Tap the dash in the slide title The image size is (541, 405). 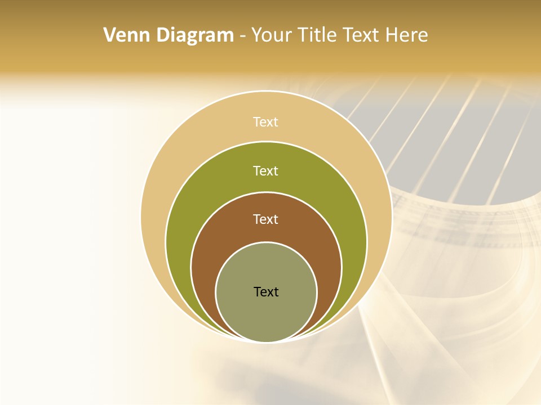(242, 36)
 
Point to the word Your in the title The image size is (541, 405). (269, 35)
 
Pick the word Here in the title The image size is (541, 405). (407, 35)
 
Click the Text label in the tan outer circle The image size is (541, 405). (266, 122)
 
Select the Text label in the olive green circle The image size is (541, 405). (266, 170)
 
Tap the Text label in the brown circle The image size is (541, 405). (266, 219)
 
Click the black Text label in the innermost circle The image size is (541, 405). (266, 292)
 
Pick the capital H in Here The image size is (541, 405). (393, 35)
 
